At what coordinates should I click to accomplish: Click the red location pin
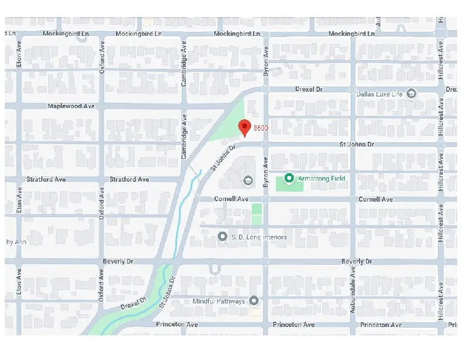pos(244,127)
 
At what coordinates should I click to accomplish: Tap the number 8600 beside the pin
pos(261,128)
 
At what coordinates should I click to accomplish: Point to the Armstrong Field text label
pos(321,178)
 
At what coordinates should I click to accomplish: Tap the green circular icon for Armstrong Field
pos(289,178)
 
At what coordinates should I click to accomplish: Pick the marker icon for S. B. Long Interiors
pos(222,236)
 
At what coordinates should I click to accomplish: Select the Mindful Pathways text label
pos(219,302)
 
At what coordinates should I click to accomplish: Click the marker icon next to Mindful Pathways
pos(254,301)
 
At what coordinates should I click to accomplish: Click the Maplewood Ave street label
pos(71,106)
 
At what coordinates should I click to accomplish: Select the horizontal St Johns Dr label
pos(357,144)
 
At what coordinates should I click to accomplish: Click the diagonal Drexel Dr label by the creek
pos(133,304)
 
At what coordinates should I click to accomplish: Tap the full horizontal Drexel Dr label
pos(309,89)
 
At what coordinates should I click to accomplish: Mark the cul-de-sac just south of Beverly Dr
pos(215,270)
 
